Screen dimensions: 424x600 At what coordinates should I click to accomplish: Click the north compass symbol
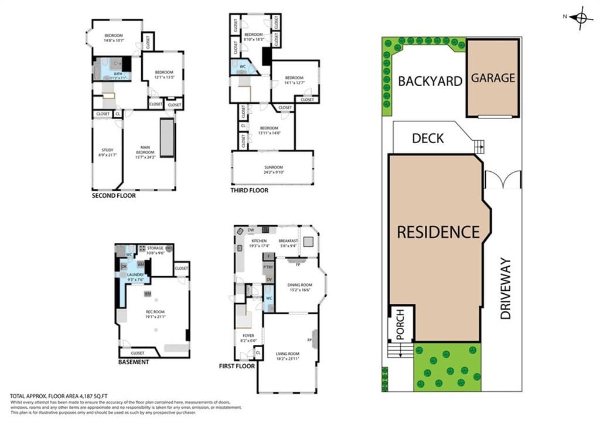coord(581,17)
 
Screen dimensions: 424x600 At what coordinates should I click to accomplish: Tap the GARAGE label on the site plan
coord(493,77)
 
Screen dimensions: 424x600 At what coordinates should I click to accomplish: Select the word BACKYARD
coord(430,81)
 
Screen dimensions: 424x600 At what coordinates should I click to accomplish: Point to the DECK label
coord(428,138)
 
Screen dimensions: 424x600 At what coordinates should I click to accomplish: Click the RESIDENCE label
coord(438,232)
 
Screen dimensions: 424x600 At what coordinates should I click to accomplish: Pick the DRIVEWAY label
coord(506,289)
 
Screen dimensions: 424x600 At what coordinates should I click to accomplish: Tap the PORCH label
coord(401,324)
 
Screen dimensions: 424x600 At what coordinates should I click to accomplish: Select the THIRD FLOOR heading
coord(250,190)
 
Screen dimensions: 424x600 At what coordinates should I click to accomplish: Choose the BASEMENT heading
coord(134,362)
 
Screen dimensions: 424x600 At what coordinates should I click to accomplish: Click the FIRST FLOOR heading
coord(237,366)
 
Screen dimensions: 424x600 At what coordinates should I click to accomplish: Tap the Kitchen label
coord(259,241)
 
